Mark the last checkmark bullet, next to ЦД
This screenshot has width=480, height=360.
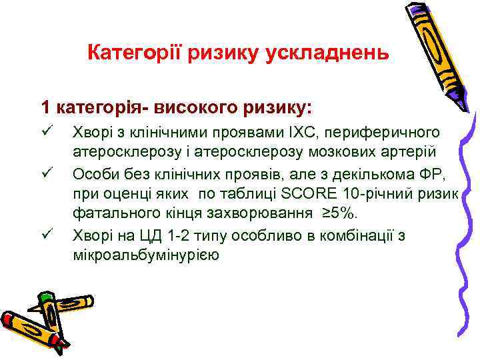click(x=45, y=234)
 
